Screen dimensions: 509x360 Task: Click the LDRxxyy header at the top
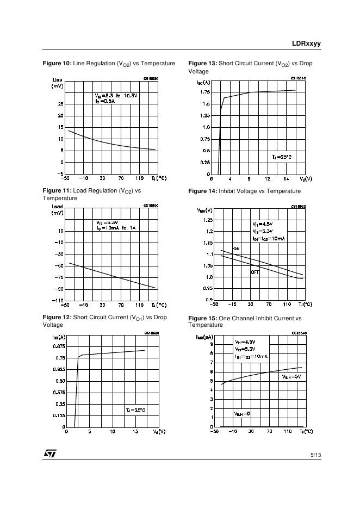point(306,43)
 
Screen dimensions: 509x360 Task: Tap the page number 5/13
point(315,454)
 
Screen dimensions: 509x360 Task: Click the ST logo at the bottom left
point(50,454)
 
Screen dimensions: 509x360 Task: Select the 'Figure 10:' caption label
point(57,64)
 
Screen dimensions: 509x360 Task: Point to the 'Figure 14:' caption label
point(202,191)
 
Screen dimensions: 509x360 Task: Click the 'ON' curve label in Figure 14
point(237,249)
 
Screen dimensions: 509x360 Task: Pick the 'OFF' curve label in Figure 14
point(255,272)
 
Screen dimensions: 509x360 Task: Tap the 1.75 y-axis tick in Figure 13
point(204,92)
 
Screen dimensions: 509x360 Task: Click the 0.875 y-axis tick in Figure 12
point(59,346)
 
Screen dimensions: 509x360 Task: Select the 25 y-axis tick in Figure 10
point(60,104)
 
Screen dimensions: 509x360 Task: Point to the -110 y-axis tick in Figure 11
point(58,301)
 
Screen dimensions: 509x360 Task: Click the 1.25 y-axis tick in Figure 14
point(207,220)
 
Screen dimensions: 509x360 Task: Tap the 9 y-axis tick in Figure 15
point(210,344)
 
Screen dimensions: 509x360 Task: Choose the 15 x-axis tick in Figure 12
point(135,432)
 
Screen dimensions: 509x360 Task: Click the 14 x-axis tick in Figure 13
point(286,178)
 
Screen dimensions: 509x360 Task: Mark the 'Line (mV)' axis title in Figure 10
point(57,83)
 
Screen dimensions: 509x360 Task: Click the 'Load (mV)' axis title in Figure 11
point(57,209)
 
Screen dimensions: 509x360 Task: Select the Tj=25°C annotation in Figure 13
point(282,157)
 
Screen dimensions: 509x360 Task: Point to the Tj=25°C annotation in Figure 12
point(135,409)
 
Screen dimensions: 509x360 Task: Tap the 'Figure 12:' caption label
point(57,317)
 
